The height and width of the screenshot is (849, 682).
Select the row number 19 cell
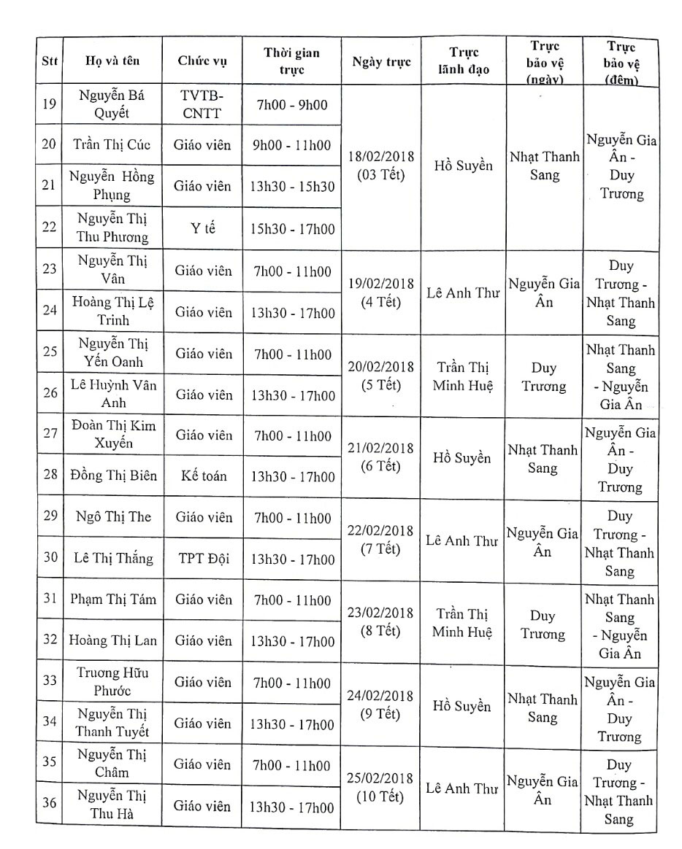click(x=50, y=104)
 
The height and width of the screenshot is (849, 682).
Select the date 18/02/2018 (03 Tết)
click(x=381, y=166)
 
